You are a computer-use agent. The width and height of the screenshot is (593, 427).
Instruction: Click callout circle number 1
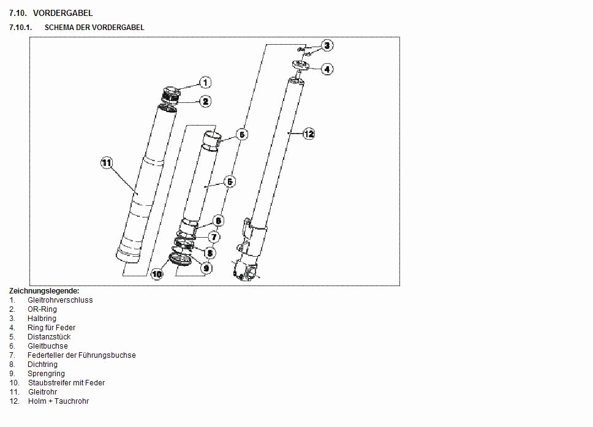click(x=205, y=83)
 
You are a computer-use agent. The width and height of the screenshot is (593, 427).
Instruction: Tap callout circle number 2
click(x=205, y=101)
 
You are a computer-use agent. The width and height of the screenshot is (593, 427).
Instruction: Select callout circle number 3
click(x=327, y=45)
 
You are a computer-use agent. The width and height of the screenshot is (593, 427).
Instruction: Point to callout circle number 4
click(x=327, y=69)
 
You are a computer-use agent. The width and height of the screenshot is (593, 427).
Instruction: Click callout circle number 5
click(x=230, y=181)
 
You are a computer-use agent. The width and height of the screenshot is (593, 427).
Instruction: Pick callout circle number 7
click(x=214, y=237)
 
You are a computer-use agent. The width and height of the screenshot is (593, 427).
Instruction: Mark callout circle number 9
click(x=206, y=268)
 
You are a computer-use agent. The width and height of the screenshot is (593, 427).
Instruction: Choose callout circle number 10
click(x=157, y=274)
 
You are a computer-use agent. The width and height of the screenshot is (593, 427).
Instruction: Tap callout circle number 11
click(x=107, y=162)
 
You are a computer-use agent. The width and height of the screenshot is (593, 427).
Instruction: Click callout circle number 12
click(x=309, y=134)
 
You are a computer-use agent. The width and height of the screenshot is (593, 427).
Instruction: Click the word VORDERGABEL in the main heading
click(x=62, y=13)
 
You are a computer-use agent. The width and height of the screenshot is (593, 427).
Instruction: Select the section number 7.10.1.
click(x=20, y=28)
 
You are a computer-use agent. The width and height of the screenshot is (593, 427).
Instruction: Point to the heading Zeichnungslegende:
click(x=44, y=291)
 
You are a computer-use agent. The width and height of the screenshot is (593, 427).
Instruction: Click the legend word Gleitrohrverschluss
click(x=60, y=300)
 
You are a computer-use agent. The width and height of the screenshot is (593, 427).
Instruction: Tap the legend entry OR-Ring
click(x=42, y=309)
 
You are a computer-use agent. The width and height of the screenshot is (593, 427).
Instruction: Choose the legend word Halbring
click(x=42, y=319)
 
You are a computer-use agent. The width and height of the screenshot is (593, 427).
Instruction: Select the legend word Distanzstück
click(x=49, y=336)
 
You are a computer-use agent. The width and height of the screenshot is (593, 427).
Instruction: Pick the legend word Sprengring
click(x=46, y=374)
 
